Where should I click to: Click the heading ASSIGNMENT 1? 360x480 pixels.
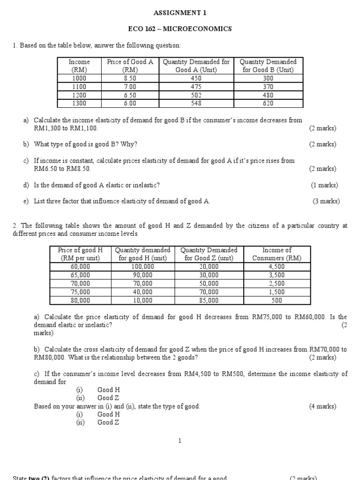pos(180,13)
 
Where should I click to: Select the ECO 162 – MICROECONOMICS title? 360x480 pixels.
pos(180,29)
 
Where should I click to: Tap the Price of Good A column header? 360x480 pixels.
pos(130,66)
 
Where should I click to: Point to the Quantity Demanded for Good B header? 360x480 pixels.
pos(268,66)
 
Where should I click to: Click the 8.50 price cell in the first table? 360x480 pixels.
pos(130,79)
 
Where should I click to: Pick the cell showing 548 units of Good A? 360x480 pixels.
pos(196,103)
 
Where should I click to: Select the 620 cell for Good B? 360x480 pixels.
pos(268,103)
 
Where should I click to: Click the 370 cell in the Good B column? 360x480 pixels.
pos(268,87)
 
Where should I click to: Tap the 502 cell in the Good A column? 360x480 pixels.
pos(196,95)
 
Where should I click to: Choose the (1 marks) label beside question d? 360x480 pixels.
pos(324,185)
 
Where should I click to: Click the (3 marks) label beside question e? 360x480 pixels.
pos(326,202)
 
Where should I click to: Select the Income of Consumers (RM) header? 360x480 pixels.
pos(277,254)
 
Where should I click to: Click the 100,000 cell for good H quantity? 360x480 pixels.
pos(143,267)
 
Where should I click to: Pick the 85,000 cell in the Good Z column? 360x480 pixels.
pos(209,300)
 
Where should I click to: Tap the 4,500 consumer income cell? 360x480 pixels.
pos(277,267)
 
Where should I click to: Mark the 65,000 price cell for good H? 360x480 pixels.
pos(80,275)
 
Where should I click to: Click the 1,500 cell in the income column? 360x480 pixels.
pos(277,292)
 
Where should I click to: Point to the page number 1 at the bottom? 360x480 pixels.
pos(180,441)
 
